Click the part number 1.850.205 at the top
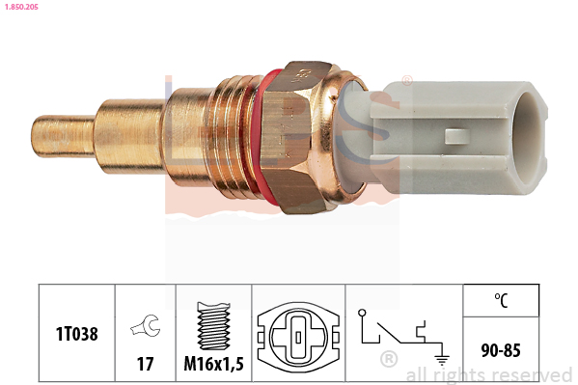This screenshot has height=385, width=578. [21, 7]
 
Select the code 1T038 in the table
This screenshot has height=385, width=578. [76, 334]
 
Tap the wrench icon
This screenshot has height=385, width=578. [146, 325]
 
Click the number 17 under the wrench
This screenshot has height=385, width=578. [146, 364]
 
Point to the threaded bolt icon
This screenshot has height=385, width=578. [214, 326]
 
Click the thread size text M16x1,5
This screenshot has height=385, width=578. [214, 364]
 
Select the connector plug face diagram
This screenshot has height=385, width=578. [298, 337]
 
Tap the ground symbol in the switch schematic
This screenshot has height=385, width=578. [442, 359]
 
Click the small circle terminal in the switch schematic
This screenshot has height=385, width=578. [362, 313]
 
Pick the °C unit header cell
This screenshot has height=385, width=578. [501, 300]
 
